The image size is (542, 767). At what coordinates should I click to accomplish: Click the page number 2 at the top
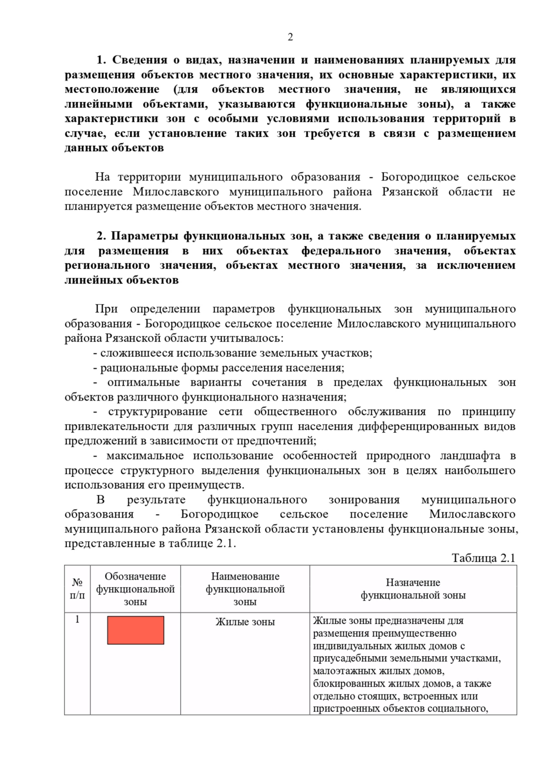290,37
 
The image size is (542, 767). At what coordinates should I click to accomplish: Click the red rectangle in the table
135,630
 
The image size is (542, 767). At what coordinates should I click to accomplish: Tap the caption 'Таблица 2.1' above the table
483,558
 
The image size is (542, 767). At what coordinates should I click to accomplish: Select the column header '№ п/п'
77,589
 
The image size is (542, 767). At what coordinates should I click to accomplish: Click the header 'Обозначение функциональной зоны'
135,589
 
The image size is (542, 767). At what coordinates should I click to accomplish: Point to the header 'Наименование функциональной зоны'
245,589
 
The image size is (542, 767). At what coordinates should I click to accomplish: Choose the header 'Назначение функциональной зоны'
413,589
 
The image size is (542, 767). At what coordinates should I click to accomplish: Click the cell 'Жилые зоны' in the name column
245,622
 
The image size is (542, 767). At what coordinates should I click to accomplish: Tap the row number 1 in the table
77,619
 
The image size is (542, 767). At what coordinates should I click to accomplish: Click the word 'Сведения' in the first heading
140,60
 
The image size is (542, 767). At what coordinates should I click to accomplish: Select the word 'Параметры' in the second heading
144,236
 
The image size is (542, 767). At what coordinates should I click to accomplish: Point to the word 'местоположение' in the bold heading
112,89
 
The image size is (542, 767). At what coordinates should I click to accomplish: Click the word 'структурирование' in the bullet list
158,412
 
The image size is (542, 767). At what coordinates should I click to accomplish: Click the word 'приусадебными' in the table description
346,658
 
